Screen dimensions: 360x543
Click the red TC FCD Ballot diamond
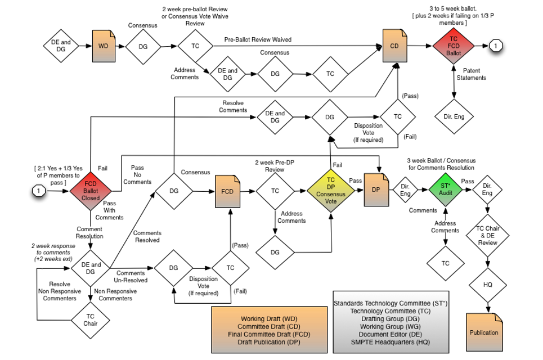pyautogui.click(x=453, y=45)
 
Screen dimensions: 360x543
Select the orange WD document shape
pyautogui.click(x=104, y=45)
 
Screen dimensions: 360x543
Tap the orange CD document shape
pyautogui.click(x=394, y=45)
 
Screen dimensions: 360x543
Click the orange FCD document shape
pyautogui.click(x=227, y=191)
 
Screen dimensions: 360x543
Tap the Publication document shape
pyautogui.click(x=484, y=332)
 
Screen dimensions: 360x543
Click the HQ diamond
pyautogui.click(x=487, y=285)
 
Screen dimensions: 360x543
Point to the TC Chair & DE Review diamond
pyautogui.click(x=487, y=236)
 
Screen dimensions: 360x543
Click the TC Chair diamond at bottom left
pyautogui.click(x=91, y=319)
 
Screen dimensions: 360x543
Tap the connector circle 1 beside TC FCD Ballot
pyautogui.click(x=495, y=45)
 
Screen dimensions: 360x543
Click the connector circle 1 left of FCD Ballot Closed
pyautogui.click(x=38, y=191)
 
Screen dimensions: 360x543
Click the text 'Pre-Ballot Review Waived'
pyautogui.click(x=258, y=40)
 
